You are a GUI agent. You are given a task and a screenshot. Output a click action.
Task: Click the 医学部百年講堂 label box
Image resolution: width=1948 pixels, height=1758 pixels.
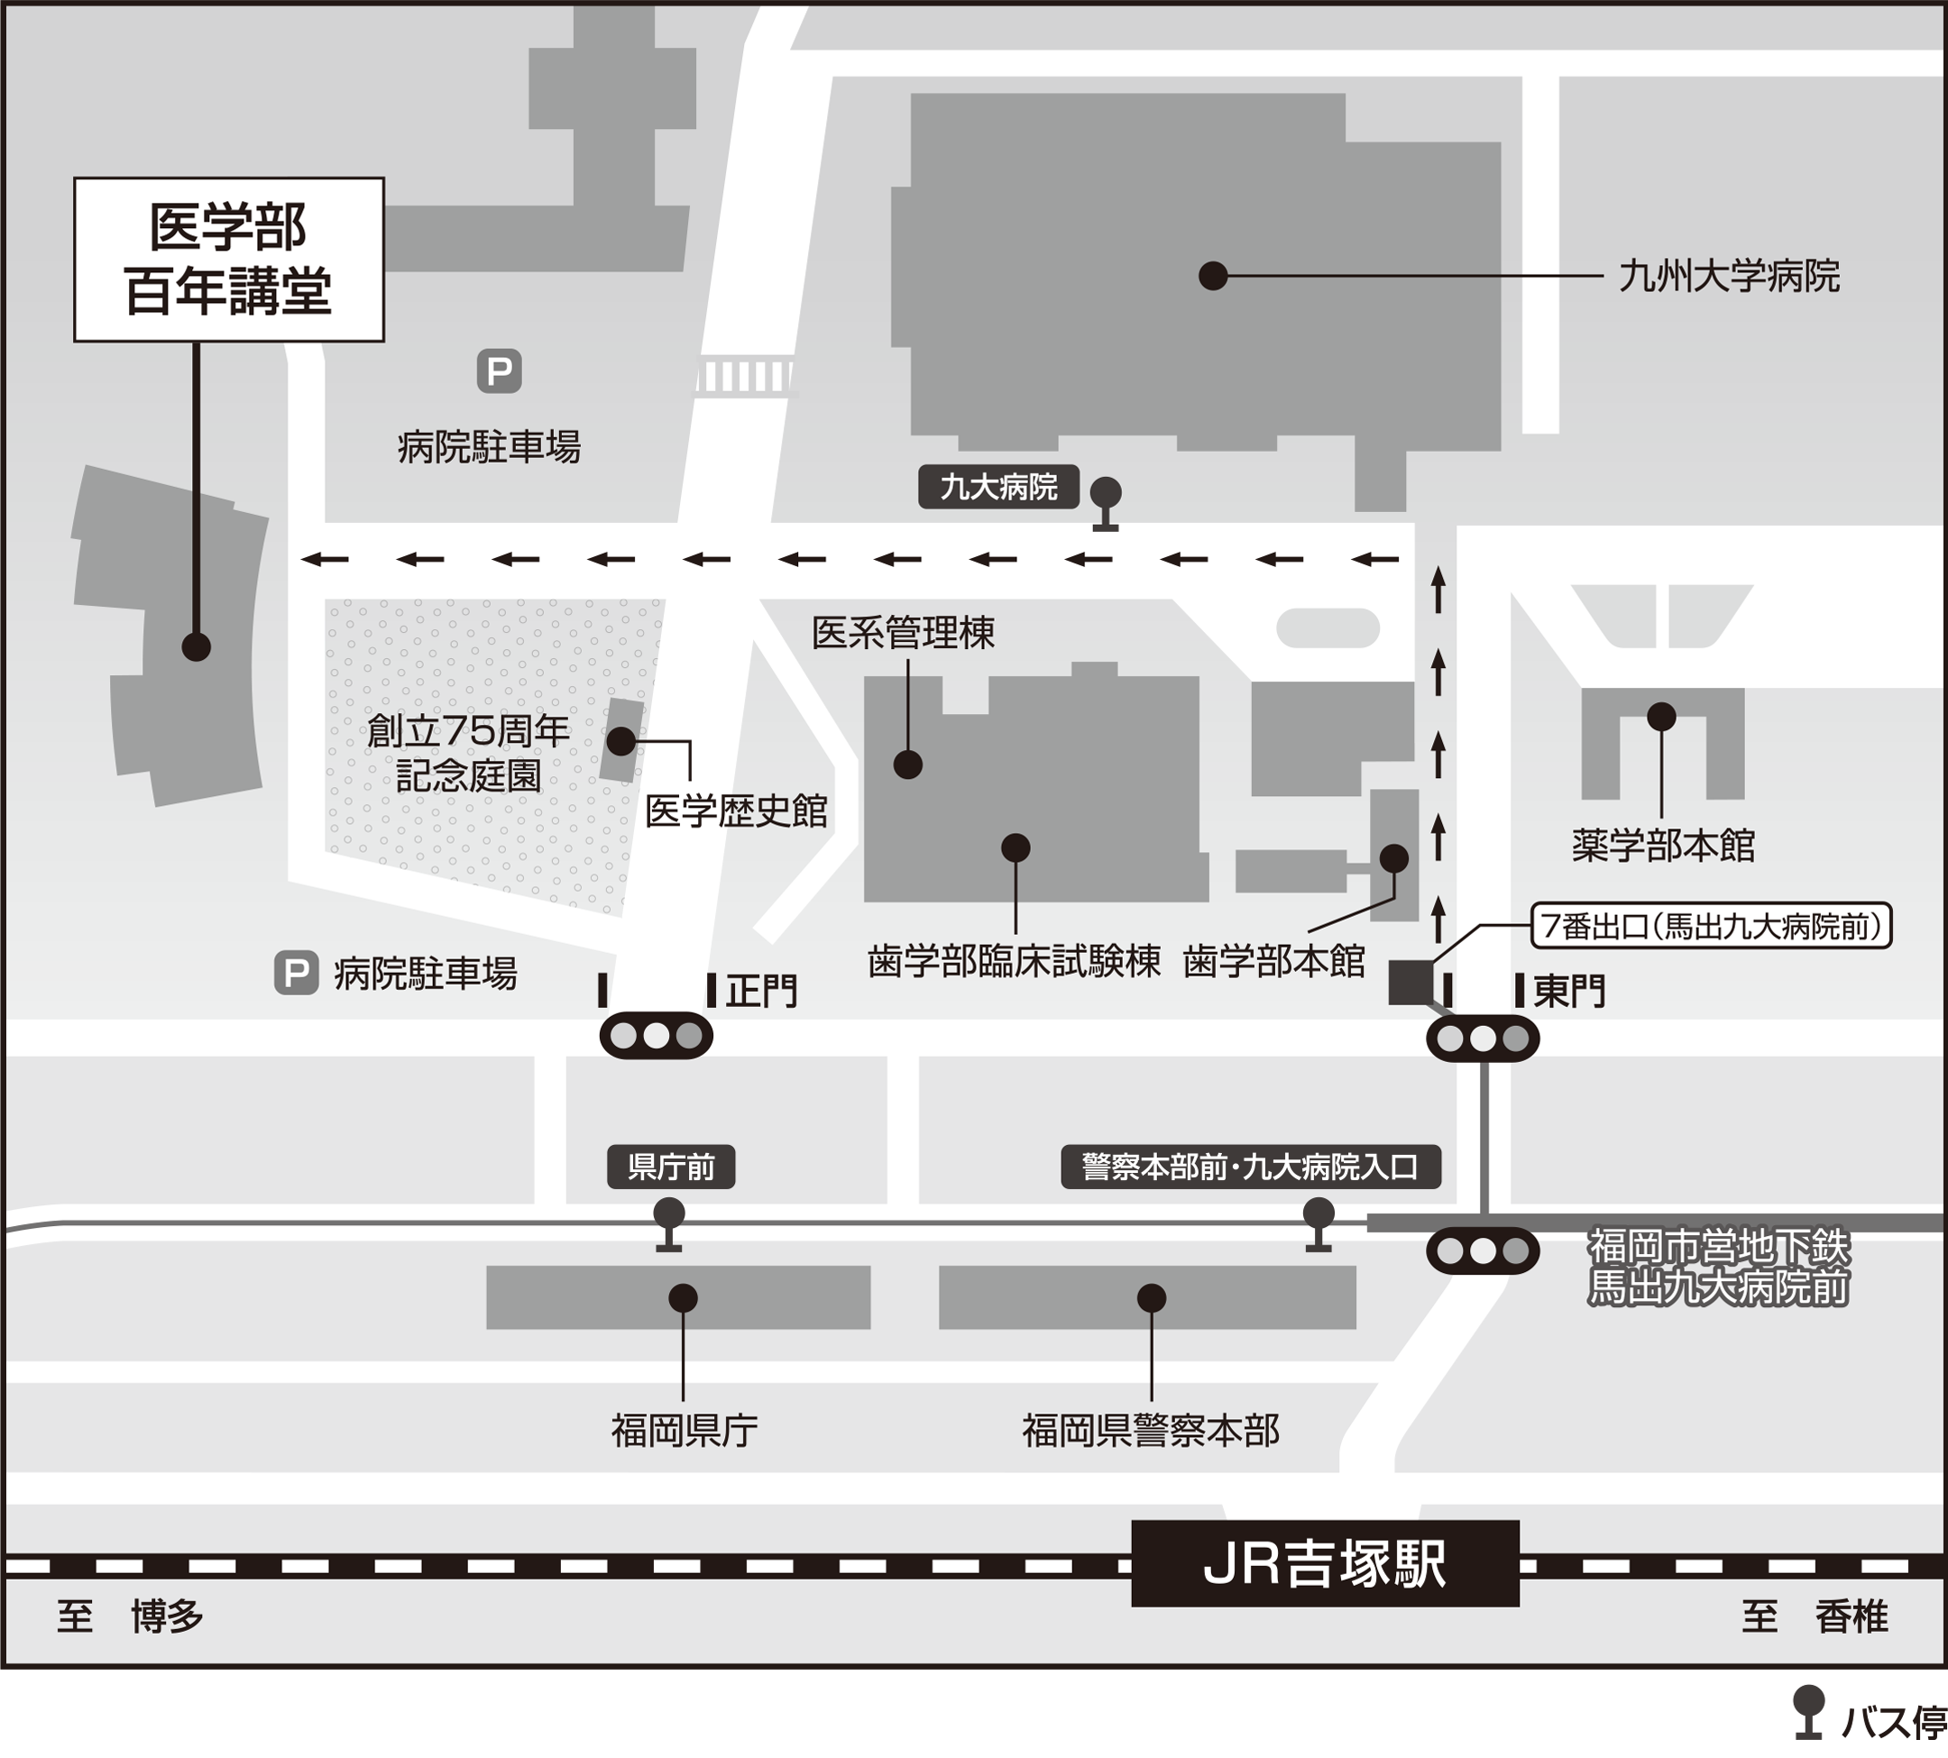click(x=229, y=259)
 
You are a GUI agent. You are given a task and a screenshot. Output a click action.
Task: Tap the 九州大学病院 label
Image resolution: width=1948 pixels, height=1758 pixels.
click(x=1729, y=276)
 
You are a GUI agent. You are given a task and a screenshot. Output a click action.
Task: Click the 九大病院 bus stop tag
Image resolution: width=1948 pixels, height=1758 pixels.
click(x=998, y=487)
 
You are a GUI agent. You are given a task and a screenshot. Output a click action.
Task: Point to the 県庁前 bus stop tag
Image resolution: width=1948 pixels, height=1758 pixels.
click(x=671, y=1167)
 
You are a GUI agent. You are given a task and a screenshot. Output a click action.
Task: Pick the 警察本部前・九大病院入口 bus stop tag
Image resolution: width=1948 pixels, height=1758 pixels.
click(x=1250, y=1167)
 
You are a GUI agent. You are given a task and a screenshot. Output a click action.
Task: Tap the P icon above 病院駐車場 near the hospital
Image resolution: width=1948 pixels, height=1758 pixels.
click(x=499, y=371)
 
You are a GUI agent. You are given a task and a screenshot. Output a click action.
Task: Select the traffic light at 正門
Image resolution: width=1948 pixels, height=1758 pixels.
click(x=657, y=1037)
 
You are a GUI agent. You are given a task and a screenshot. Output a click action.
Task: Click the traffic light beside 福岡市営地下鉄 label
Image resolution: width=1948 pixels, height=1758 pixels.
click(x=1483, y=1252)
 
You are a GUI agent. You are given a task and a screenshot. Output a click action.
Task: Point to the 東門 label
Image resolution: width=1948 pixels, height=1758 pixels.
click(x=1569, y=991)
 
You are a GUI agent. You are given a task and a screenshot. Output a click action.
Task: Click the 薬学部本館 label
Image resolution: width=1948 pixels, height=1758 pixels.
click(x=1662, y=846)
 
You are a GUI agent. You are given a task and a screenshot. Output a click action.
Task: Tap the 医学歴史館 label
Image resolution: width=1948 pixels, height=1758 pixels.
click(x=736, y=811)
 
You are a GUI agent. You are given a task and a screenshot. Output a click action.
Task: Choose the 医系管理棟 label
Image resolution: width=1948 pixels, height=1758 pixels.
click(x=903, y=634)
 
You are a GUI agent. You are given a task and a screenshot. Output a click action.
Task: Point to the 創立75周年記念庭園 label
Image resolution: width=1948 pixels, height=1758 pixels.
click(x=469, y=754)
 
